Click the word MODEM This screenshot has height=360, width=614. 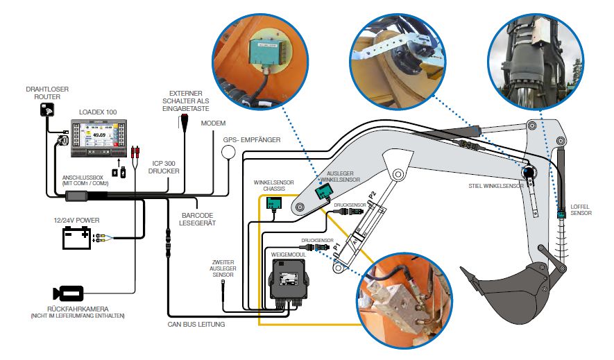tap(214, 123)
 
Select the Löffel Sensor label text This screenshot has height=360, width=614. tap(581, 209)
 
